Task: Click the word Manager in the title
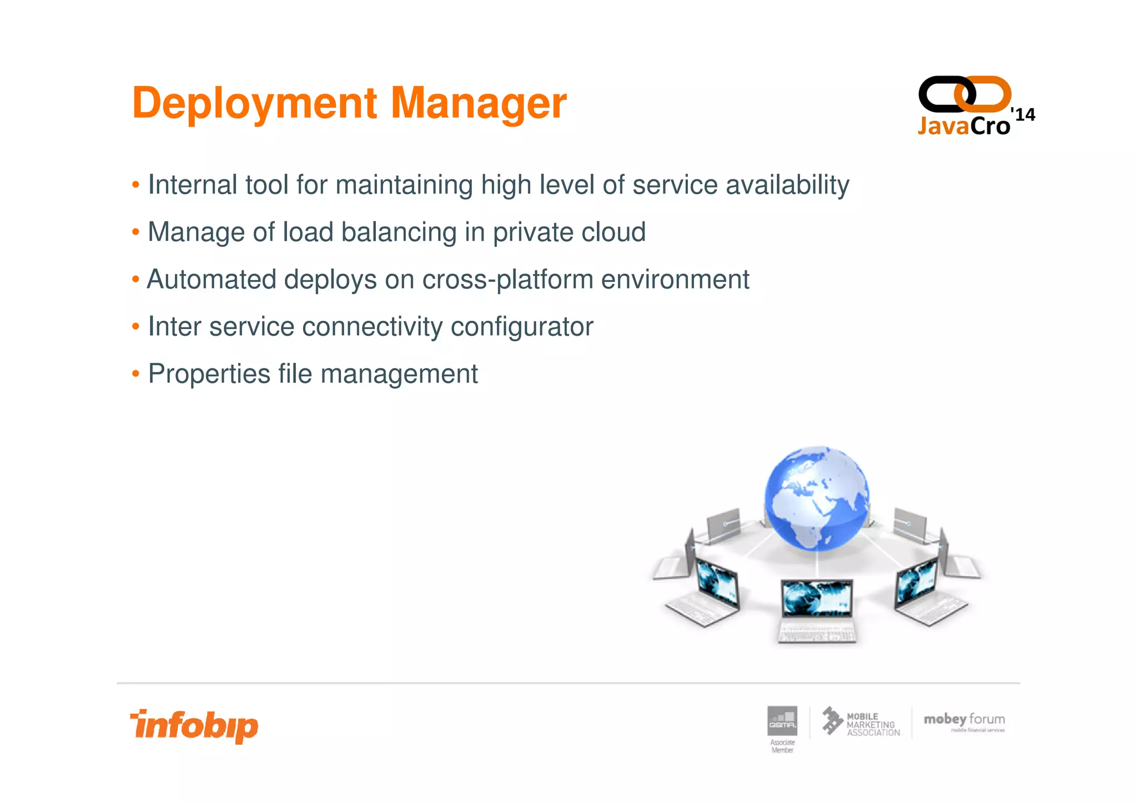coord(479,103)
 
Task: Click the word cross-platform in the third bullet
coord(507,279)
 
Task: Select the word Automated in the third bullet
coord(211,279)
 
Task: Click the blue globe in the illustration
coord(817,498)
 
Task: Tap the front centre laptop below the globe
coord(817,609)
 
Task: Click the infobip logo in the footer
coord(194,726)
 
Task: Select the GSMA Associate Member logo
coord(782,728)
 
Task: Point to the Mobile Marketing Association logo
coord(861,723)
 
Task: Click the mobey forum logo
coord(964,722)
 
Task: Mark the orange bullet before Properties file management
coord(135,374)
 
